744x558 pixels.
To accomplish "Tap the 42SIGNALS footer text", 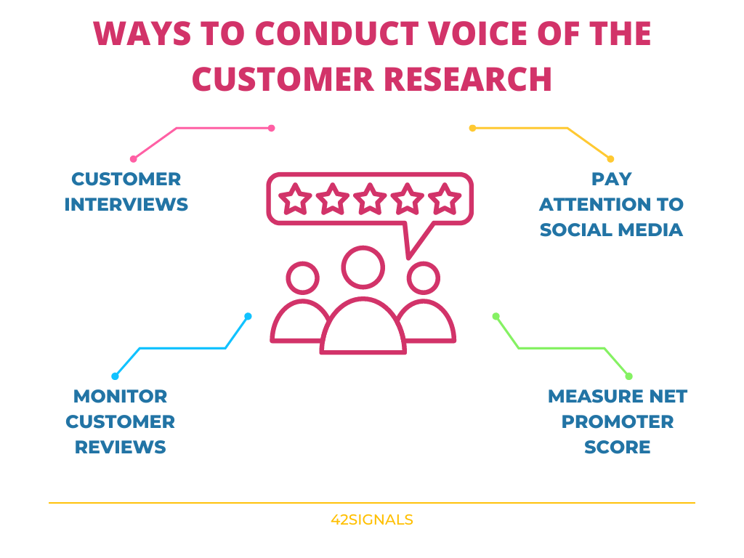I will click(x=371, y=519).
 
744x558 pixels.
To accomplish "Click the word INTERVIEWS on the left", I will click(x=126, y=204).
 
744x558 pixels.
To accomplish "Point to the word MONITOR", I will click(x=121, y=396).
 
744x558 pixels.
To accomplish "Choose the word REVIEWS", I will click(x=121, y=447).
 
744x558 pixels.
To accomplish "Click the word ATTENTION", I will click(x=611, y=204).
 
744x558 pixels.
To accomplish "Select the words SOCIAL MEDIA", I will click(x=611, y=230).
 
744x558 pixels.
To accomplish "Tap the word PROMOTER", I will click(x=618, y=421).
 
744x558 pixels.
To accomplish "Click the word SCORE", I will click(x=618, y=447).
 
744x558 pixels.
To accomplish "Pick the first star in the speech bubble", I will click(x=295, y=198).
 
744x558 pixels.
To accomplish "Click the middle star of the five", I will click(x=370, y=198).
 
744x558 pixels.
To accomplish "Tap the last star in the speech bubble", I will click(x=445, y=198).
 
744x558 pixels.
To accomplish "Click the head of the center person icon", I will click(x=363, y=267).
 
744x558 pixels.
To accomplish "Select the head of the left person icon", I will click(x=303, y=278).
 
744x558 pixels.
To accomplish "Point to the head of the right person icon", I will click(x=424, y=278).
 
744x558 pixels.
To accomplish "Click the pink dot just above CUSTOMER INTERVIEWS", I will click(x=133, y=158).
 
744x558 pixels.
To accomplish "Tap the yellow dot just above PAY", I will click(x=610, y=158).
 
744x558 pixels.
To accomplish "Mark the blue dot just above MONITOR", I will click(x=115, y=376).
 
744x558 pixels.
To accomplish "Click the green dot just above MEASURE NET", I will click(x=628, y=376).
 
